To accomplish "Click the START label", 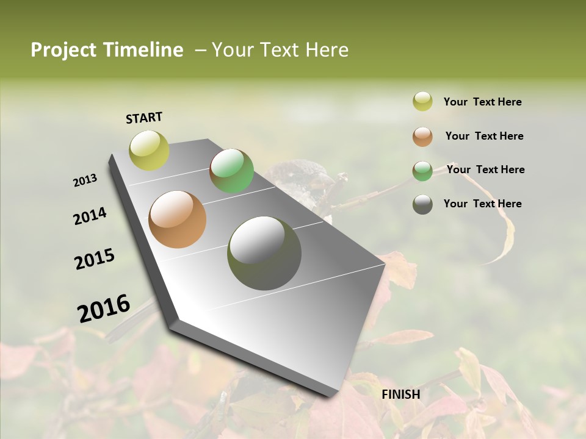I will [x=144, y=118].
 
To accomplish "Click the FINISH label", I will [x=400, y=394].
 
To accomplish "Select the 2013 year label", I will [x=85, y=180].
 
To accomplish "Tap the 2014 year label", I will [x=90, y=216].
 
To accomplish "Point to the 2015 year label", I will [x=95, y=259].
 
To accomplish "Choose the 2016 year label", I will [x=104, y=308].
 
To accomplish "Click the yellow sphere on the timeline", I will [x=149, y=150].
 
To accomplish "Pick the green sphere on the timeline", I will [x=231, y=171].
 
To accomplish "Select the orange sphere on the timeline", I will [x=178, y=220].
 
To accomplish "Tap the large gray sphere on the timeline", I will [x=264, y=253].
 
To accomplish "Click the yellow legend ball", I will [x=422, y=102].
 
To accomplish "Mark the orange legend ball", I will [x=422, y=137].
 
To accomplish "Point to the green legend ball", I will [x=422, y=171].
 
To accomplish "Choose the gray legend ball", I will [x=422, y=204].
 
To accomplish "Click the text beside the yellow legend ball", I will [x=482, y=102].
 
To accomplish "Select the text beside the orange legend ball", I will [x=484, y=136].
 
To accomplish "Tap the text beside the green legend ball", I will [x=485, y=170].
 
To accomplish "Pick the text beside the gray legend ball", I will [x=482, y=204].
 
